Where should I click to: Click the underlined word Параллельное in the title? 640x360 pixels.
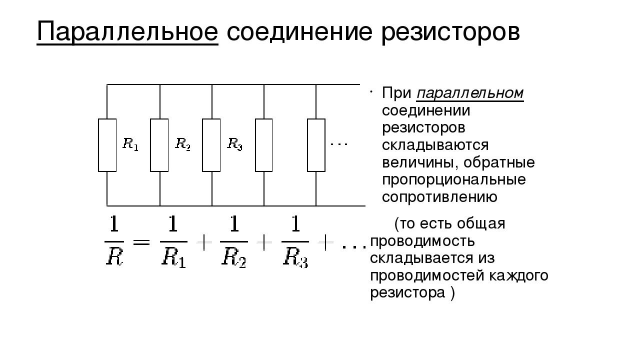point(127,32)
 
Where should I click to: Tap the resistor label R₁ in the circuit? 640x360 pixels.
point(130,145)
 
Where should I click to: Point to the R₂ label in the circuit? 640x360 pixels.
point(182,144)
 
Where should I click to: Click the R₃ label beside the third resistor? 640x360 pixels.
point(234,144)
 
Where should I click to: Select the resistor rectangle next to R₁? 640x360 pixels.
point(107,145)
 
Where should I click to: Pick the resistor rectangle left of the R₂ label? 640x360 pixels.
point(159,145)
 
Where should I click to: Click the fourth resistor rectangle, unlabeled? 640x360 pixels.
point(264,145)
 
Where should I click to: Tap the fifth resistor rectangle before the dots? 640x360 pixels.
point(316,145)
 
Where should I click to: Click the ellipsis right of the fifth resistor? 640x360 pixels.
point(339,144)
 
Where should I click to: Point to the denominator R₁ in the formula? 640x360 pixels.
point(174,257)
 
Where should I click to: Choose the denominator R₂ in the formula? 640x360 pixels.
point(234,257)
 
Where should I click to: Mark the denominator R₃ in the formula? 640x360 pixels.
point(295,257)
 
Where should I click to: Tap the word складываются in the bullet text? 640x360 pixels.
point(435,145)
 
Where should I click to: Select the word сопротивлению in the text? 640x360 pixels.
point(439,197)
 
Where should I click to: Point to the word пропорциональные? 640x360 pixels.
point(454,179)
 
